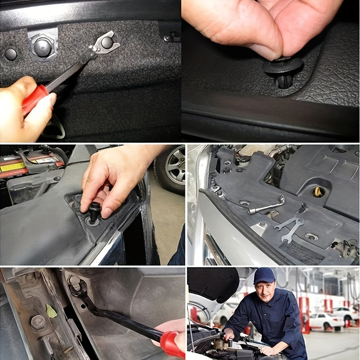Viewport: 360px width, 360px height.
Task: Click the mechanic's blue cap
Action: [264, 275]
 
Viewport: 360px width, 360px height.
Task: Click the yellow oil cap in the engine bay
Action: [319, 192]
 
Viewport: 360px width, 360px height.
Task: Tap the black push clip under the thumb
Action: [283, 67]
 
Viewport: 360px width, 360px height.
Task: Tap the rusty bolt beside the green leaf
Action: [38, 322]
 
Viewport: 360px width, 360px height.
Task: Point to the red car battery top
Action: [31, 162]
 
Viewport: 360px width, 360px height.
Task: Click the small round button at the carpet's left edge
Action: [10, 54]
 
